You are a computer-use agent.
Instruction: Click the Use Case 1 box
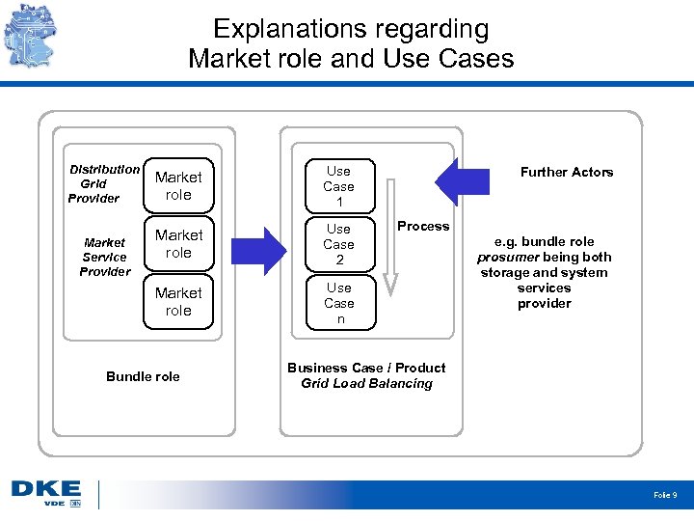338,186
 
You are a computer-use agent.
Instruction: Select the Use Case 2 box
338,244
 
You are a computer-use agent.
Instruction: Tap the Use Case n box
338,303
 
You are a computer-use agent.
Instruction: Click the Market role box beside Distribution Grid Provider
178,186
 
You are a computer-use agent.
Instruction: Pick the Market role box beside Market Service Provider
178,244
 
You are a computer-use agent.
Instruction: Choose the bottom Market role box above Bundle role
178,302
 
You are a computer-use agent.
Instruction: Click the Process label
423,227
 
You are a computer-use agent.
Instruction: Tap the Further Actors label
567,173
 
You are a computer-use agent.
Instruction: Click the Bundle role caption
143,376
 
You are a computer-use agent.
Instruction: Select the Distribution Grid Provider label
102,183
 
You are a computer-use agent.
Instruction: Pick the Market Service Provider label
104,257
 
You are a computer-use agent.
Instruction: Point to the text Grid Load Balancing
366,384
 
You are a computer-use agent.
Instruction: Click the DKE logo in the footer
45,493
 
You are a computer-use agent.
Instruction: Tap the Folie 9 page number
665,495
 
